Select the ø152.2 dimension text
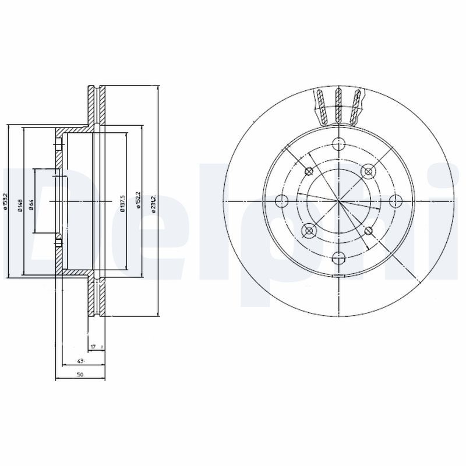(x=138, y=202)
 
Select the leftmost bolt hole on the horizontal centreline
(x=283, y=202)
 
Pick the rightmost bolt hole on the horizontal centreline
(x=395, y=202)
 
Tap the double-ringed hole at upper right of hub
(x=368, y=171)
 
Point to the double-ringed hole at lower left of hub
(x=309, y=231)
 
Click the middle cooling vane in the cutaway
(x=339, y=107)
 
